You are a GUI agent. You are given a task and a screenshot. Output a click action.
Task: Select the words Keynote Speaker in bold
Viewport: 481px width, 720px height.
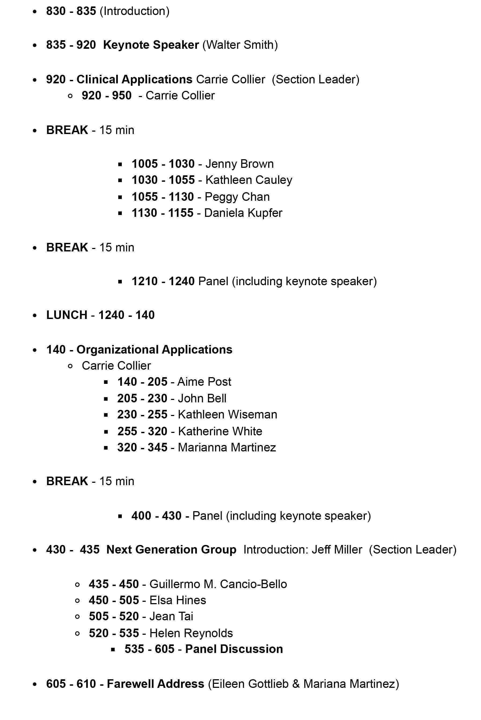point(151,45)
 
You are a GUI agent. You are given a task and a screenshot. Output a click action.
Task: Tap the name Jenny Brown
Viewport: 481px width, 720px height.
point(239,164)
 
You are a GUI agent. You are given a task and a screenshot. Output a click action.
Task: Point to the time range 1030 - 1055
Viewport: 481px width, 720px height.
point(163,180)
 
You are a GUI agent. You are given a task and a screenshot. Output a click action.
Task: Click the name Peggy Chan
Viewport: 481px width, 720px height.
point(237,197)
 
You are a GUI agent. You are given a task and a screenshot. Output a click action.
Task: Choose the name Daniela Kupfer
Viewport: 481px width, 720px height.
point(243,213)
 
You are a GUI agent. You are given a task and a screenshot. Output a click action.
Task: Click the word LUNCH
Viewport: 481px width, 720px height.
point(67,315)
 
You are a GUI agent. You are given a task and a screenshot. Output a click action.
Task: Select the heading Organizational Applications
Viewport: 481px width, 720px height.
point(154,350)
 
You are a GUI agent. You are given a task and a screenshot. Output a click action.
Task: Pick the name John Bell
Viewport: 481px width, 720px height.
point(202,399)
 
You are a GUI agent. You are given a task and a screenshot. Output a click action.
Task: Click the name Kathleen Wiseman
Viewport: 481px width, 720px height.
point(227,415)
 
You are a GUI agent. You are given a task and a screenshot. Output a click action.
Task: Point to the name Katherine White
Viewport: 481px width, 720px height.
point(220,432)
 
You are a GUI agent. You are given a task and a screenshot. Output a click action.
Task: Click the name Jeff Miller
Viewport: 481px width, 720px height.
point(337,550)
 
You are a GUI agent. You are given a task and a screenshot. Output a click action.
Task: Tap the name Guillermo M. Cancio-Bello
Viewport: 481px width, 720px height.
point(218,584)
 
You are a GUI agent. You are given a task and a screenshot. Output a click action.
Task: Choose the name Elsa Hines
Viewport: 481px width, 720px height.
point(178,600)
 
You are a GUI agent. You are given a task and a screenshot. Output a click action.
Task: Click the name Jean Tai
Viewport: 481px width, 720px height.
point(171,617)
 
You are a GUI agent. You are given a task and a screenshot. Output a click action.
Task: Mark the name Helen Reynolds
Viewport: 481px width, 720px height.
point(191,633)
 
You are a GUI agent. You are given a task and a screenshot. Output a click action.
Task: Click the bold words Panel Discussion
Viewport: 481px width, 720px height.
point(234,649)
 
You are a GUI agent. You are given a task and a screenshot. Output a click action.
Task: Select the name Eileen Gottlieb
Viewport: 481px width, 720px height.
point(250,684)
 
